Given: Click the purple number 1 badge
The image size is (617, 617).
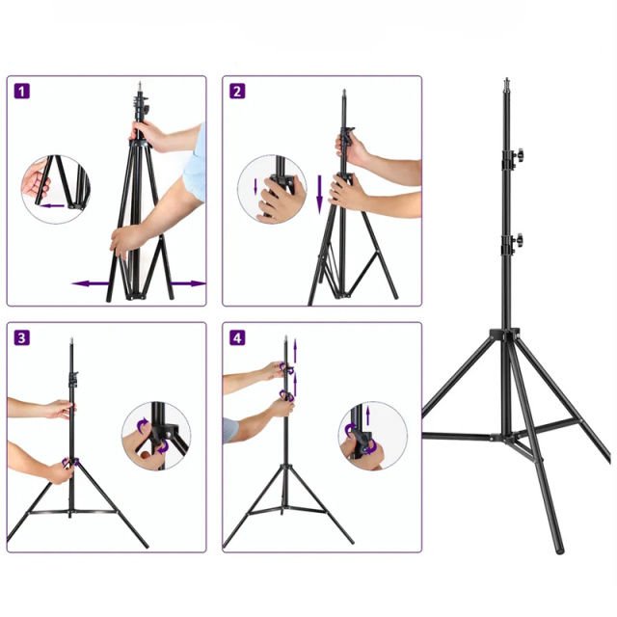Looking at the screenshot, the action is pos(21,91).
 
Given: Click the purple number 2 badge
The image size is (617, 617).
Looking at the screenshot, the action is pos(237,91).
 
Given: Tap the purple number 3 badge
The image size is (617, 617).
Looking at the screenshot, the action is pos(21,338).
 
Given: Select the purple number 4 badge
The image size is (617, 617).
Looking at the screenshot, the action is pos(237,338).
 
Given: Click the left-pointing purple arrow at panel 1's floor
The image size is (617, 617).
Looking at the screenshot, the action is pos(91,283).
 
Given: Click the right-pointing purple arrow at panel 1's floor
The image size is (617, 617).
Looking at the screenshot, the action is pos(188,283).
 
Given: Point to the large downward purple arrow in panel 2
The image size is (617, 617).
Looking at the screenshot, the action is pos(319,195).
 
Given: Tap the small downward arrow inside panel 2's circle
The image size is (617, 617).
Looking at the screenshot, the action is pos(255,186).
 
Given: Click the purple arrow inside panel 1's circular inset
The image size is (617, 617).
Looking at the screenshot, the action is pos(53,205).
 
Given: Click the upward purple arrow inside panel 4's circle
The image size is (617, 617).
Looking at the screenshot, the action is pos(368,416).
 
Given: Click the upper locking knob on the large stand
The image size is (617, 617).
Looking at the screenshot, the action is pos(519,155).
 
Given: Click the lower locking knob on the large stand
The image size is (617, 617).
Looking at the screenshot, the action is pos(519,239).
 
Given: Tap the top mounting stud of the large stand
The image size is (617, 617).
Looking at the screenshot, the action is pos(507,83).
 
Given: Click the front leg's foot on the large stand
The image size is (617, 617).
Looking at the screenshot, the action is pos(559,549).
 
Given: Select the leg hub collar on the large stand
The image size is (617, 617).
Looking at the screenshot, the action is pos(505,335).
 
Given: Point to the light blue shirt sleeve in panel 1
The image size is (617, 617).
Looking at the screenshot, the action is pos(195,162).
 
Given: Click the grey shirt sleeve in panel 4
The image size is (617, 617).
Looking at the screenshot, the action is pos(230,430).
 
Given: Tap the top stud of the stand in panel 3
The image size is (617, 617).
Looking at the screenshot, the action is pos(71,340).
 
